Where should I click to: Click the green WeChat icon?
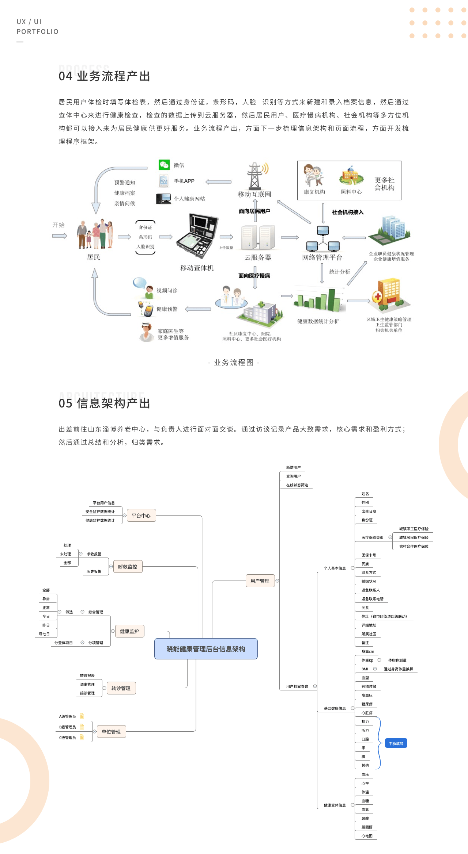tap(164, 165)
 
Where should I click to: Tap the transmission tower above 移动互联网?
tap(255, 176)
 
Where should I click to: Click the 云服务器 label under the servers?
tap(258, 257)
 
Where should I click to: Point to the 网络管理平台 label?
tap(322, 257)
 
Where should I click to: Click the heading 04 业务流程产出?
tap(105, 76)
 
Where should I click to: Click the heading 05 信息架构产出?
tap(105, 403)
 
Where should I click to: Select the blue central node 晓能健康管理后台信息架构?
tap(206, 649)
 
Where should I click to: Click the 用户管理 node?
tap(260, 581)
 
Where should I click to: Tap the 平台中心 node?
tap(141, 516)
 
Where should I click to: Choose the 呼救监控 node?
tap(128, 567)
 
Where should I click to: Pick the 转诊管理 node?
tap(121, 688)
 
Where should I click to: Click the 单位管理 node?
tap(111, 732)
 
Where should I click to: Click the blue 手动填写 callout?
tap(396, 744)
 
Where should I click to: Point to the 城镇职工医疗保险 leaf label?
tap(414, 529)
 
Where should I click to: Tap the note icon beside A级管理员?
tap(82, 716)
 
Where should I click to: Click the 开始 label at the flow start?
tap(58, 225)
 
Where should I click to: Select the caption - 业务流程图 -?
tap(234, 363)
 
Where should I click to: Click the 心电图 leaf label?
tap(367, 836)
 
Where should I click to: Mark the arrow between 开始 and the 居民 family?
tap(60, 236)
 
